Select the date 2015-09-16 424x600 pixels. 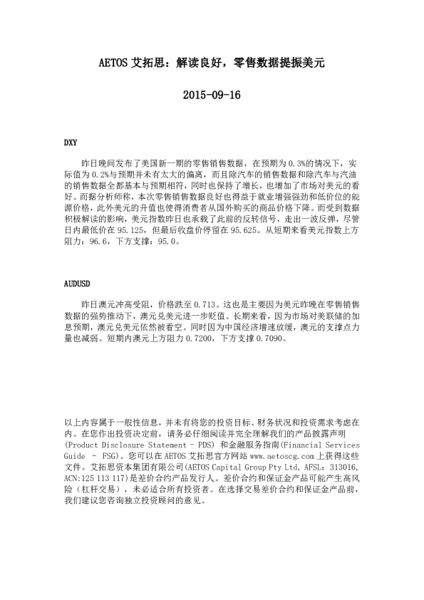pyautogui.click(x=212, y=94)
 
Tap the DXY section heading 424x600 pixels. pyautogui.click(x=71, y=143)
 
